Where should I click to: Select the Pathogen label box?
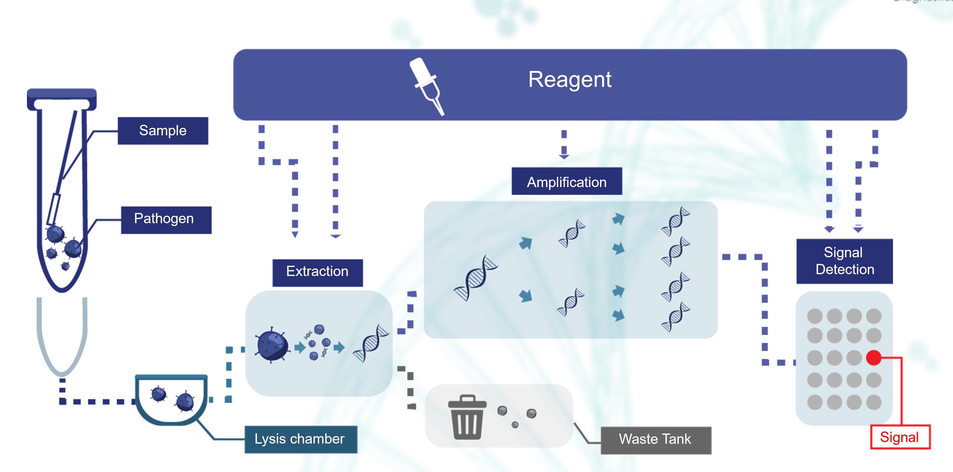[x=166, y=220]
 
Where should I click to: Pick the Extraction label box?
[x=317, y=272]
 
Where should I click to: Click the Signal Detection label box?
[x=844, y=261]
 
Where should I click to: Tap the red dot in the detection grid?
[x=873, y=357]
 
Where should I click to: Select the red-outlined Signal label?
[x=899, y=437]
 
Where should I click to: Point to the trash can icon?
[x=467, y=418]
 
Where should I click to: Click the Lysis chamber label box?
[x=300, y=439]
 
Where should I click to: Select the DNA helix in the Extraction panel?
[x=371, y=343]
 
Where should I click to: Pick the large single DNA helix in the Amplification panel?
[x=475, y=278]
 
